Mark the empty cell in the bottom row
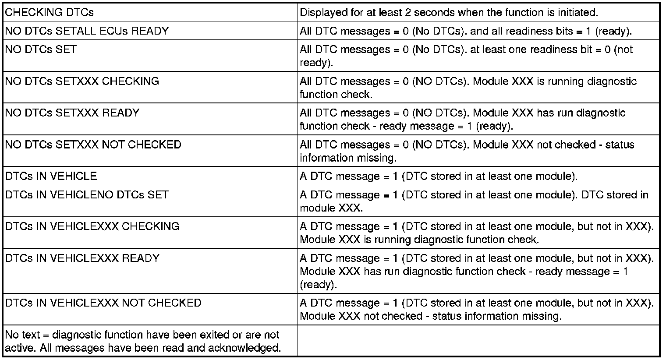click(x=478, y=341)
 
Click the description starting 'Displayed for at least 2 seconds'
click(x=449, y=12)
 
